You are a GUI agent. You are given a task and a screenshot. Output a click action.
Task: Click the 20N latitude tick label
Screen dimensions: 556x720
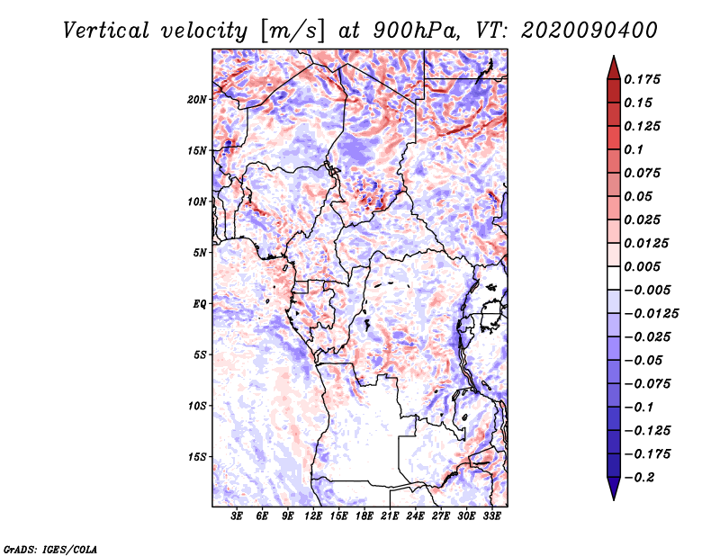[197, 99]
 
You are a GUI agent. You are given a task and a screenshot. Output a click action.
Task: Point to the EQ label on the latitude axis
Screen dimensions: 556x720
[200, 303]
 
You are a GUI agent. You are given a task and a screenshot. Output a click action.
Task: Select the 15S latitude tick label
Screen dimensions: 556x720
[197, 457]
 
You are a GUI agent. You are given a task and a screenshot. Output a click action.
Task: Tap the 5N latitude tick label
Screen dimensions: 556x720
[200, 253]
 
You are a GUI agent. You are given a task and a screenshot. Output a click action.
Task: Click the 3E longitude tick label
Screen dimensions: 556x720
[238, 516]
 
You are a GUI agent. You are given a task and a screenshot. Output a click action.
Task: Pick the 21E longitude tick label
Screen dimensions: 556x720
[391, 516]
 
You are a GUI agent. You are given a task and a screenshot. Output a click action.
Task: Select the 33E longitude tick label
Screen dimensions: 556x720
[492, 516]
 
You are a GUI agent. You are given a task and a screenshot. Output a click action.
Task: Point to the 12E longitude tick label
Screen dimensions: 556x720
[314, 516]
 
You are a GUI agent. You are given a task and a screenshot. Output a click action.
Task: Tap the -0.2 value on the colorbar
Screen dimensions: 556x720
[642, 477]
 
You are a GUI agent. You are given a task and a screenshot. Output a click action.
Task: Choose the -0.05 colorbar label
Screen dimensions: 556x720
[644, 360]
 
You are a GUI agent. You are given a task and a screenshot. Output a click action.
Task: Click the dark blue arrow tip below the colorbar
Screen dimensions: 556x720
[613, 494]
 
